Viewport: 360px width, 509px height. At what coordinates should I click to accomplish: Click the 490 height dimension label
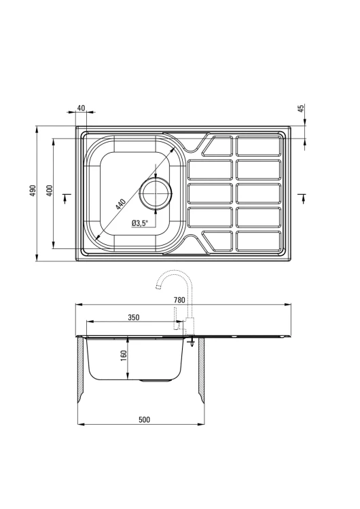click(x=33, y=191)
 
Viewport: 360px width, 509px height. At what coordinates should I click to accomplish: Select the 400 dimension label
click(x=50, y=191)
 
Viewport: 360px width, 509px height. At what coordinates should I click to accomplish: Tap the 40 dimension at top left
click(x=82, y=108)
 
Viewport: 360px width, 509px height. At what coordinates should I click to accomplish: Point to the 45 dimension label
click(x=301, y=109)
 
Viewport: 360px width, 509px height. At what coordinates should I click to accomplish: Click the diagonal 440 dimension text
click(x=120, y=204)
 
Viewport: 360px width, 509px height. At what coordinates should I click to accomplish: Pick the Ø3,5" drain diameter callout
click(x=140, y=223)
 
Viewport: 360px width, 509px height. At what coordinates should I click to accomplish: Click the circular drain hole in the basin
click(x=156, y=194)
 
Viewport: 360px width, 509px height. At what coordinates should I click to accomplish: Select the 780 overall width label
click(x=179, y=300)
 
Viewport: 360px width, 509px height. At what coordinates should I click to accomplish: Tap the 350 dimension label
click(x=134, y=317)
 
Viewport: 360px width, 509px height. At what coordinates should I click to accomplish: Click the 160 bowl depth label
click(x=124, y=357)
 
